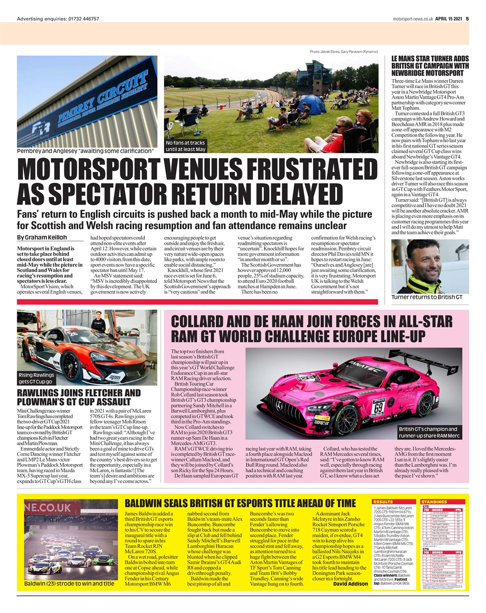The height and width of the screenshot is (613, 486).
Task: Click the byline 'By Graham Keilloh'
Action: [x=42, y=238]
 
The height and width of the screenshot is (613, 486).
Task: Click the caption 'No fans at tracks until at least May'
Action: [x=185, y=146]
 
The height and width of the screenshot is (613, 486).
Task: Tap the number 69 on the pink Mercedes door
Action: [x=378, y=408]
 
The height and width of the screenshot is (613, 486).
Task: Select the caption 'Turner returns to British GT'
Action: [x=427, y=297]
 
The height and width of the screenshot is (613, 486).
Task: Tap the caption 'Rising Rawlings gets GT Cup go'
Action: [x=36, y=378]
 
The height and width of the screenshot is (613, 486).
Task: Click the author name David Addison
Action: [x=350, y=584]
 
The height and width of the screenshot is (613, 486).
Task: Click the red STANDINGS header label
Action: [x=434, y=502]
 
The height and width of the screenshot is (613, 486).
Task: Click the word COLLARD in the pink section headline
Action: [x=199, y=321]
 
